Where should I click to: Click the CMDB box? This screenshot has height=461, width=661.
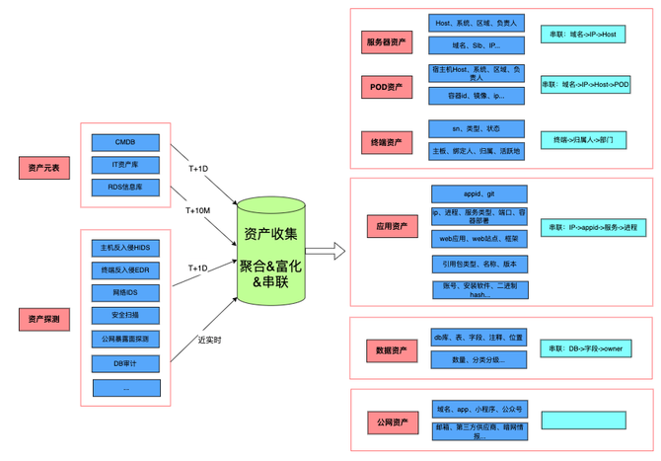[125, 142]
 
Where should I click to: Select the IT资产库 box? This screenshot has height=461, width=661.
[125, 165]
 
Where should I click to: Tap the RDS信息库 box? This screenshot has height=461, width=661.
[125, 188]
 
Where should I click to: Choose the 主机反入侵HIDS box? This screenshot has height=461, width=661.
[125, 248]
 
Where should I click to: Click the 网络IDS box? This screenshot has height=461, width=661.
[125, 292]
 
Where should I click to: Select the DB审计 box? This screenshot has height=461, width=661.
[125, 364]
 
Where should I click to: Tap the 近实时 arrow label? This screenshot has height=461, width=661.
[209, 341]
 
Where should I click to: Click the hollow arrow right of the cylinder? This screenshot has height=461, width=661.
[325, 251]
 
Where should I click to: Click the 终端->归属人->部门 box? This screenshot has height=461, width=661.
[583, 140]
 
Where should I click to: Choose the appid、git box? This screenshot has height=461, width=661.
[478, 193]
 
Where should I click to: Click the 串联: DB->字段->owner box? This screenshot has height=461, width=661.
[585, 348]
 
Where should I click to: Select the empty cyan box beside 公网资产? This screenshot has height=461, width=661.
[583, 420]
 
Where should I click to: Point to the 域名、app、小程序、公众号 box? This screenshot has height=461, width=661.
[478, 408]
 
